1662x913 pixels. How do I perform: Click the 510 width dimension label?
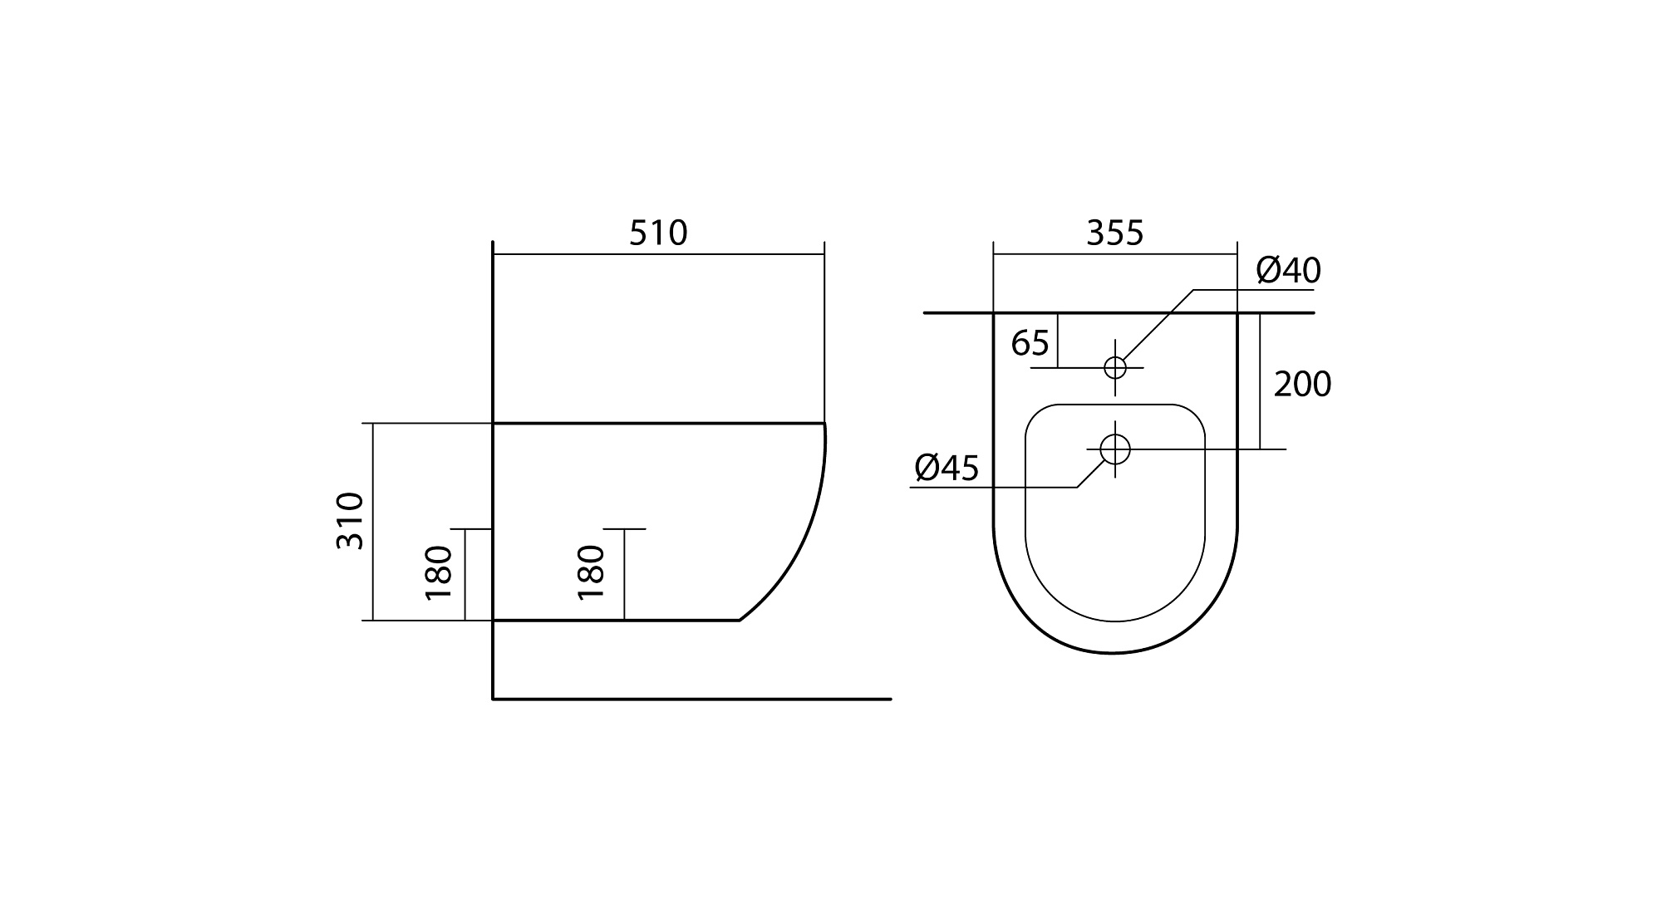coord(658,233)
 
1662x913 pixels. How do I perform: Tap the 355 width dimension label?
coord(1115,233)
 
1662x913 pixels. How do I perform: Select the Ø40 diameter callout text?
coord(1288,270)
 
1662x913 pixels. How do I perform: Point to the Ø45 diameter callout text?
coord(947,469)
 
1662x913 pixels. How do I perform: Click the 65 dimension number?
coord(1030,343)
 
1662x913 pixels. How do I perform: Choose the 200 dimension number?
coord(1302,385)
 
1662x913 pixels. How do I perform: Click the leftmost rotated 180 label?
coord(439,573)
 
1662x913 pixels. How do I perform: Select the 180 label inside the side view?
coord(591,573)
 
